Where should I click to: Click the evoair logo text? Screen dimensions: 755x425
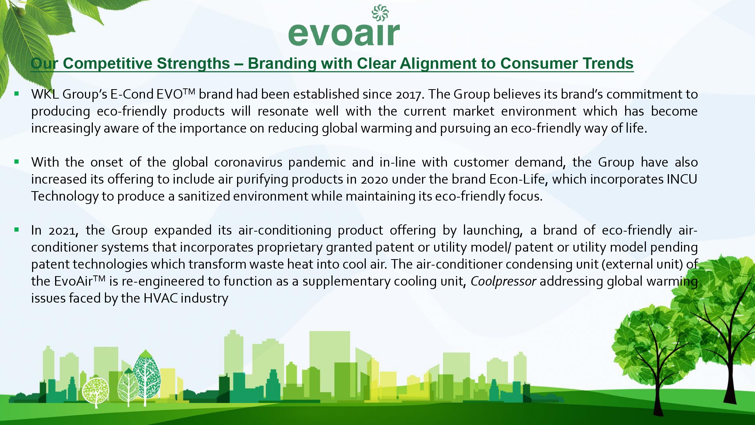click(344, 34)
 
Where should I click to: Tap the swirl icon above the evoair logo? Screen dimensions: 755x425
click(380, 12)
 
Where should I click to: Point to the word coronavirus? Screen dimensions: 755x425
click(248, 162)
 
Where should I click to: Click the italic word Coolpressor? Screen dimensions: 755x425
click(503, 281)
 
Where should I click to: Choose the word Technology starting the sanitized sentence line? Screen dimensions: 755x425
click(65, 196)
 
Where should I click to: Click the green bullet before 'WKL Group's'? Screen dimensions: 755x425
click(17, 93)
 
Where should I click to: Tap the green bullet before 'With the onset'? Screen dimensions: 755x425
click(17, 161)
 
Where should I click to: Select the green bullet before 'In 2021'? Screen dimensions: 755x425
click(17, 229)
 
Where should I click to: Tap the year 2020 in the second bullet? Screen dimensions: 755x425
click(374, 179)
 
